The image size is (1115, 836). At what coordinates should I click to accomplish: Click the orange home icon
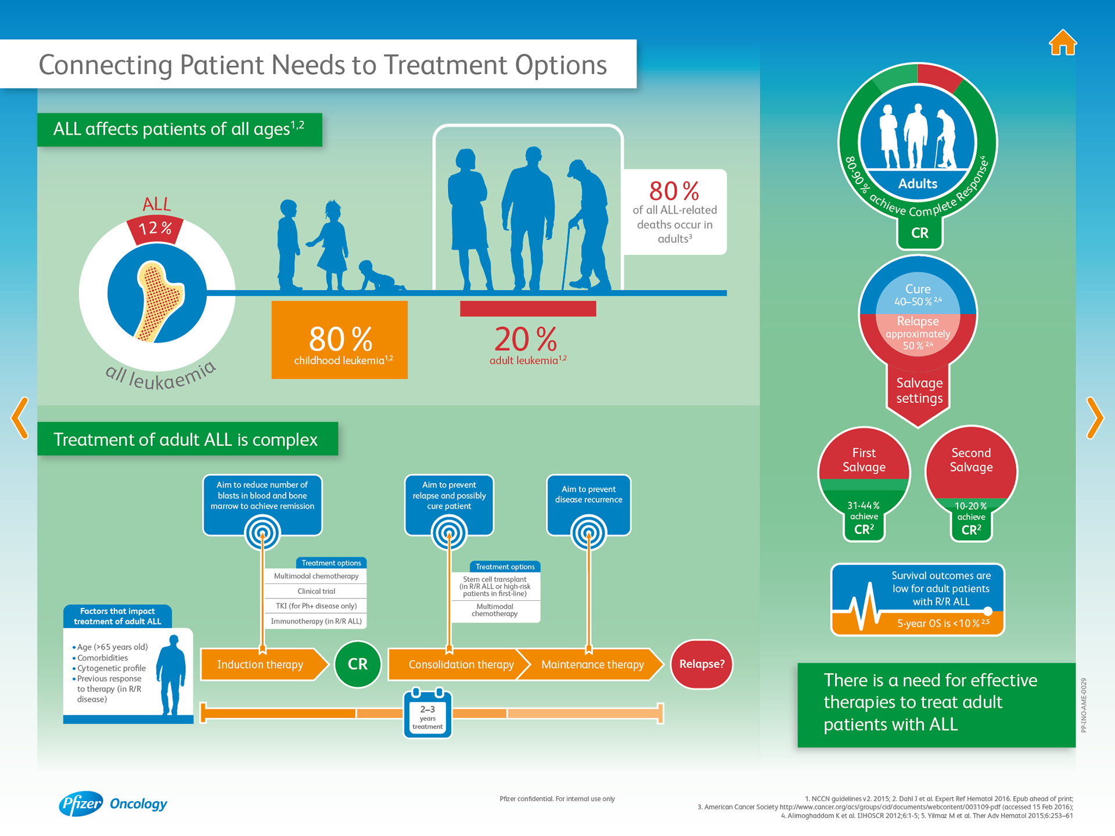(1063, 43)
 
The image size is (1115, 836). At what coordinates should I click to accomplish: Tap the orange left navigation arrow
(20, 418)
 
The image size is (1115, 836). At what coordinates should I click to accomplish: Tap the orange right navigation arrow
(1095, 418)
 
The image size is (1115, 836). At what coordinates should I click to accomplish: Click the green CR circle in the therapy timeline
(357, 664)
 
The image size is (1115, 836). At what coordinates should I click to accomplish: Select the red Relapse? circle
(702, 664)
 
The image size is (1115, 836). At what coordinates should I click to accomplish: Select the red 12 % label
(156, 229)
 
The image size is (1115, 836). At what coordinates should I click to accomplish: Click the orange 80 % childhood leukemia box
(339, 340)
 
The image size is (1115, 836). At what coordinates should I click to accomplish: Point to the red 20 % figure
(526, 339)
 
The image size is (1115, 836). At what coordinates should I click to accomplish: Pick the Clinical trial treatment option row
(316, 591)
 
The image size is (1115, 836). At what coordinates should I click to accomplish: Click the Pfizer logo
(81, 804)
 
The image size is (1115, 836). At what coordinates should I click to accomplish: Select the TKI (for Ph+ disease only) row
(316, 606)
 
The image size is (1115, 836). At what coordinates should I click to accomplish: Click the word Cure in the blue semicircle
(918, 289)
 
